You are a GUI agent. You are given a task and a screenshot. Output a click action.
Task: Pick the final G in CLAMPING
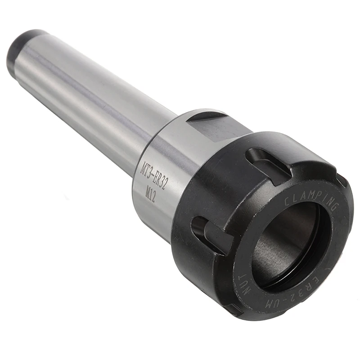(x=334, y=207)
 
